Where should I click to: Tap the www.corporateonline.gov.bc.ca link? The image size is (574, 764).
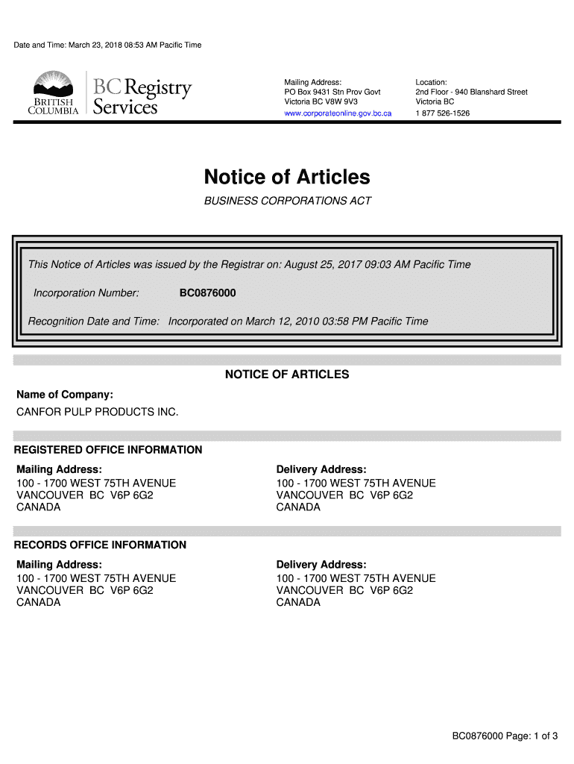[x=338, y=113]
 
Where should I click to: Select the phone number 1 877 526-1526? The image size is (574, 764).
[x=443, y=113]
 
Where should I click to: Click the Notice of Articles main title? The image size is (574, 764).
[x=287, y=177]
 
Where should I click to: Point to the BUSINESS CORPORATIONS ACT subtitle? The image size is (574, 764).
[x=287, y=201]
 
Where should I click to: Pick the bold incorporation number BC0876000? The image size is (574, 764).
[x=207, y=293]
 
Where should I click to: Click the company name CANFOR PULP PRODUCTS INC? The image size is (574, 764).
[x=98, y=412]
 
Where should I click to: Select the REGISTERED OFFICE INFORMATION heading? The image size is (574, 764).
[x=108, y=450]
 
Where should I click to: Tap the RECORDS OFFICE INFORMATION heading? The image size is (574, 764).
[x=101, y=545]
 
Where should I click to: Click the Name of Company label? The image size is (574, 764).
[x=65, y=394]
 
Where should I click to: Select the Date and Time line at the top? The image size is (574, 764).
[x=107, y=46]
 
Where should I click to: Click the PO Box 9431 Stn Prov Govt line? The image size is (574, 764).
[x=332, y=92]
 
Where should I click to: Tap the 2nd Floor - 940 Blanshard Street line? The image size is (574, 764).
[x=471, y=92]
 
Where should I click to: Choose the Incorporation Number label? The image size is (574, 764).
[x=86, y=293]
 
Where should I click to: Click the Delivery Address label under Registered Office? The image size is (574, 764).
[x=321, y=469]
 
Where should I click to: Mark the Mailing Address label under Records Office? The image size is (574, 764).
[x=59, y=564]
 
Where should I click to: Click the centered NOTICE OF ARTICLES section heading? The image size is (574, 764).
[x=287, y=375]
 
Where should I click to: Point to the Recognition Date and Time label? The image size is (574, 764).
[x=94, y=322]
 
